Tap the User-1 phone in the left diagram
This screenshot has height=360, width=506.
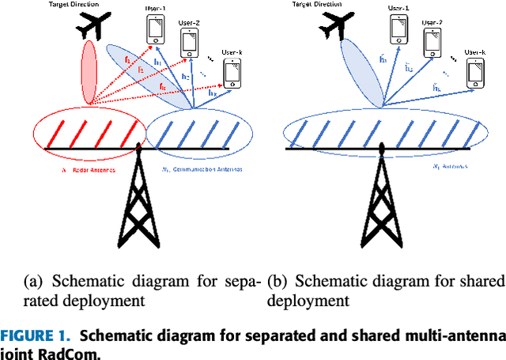click(155, 28)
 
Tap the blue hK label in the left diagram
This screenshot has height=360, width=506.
click(212, 93)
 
